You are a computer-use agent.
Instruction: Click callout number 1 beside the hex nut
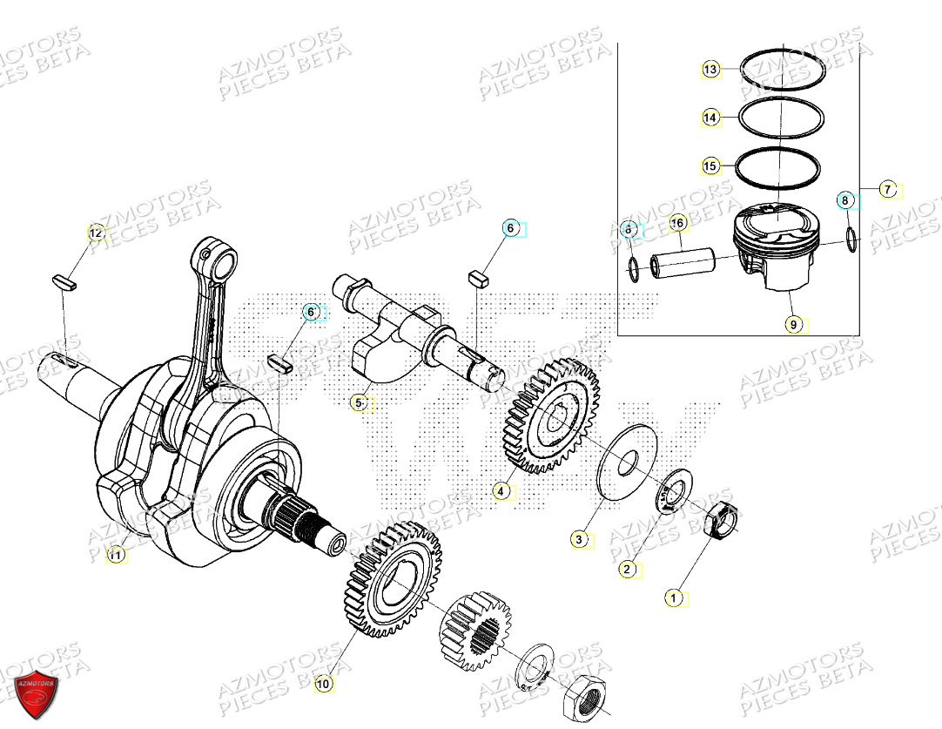(x=671, y=598)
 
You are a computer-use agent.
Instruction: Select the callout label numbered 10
(x=323, y=685)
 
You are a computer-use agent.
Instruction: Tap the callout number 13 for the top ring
(x=711, y=70)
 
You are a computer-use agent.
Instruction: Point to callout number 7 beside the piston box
(x=887, y=189)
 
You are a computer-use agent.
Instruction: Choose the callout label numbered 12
(x=97, y=233)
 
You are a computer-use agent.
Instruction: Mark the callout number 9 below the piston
(x=792, y=325)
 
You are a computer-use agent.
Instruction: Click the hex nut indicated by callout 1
(x=722, y=520)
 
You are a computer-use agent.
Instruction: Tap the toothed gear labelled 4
(x=550, y=418)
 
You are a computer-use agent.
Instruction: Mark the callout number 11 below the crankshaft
(x=116, y=555)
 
